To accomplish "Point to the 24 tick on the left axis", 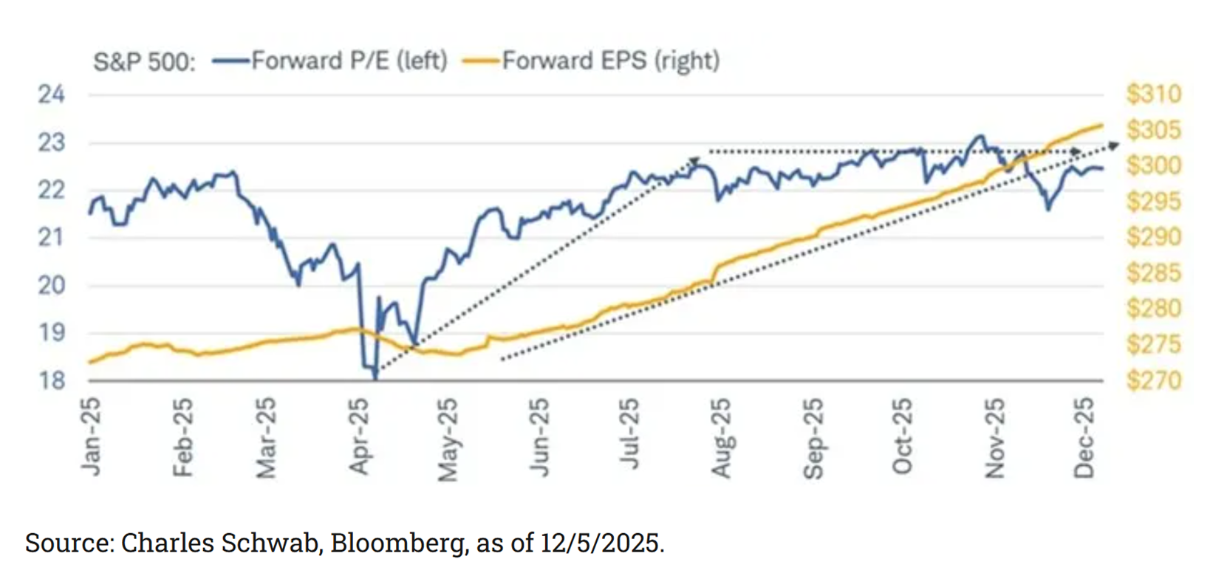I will coord(51,95).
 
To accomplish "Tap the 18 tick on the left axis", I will coord(51,381).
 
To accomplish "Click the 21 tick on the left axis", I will coord(51,238).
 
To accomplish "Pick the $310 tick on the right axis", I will coord(1153,95).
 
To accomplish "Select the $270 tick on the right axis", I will coord(1153,381).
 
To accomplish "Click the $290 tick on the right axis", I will coord(1153,238).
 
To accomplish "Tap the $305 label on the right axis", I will coord(1153,131).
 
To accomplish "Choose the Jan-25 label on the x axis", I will coord(91,437).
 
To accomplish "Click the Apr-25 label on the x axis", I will coord(359,437).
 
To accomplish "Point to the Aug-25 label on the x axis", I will coord(720,437).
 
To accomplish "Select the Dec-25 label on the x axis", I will coord(1083,437).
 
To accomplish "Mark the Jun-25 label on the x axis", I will coord(540,437).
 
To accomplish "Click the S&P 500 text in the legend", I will coord(144,61).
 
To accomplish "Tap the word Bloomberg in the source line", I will coord(397,544).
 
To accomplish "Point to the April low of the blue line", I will coord(375,378).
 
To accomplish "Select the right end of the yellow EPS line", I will coord(1102,125).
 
